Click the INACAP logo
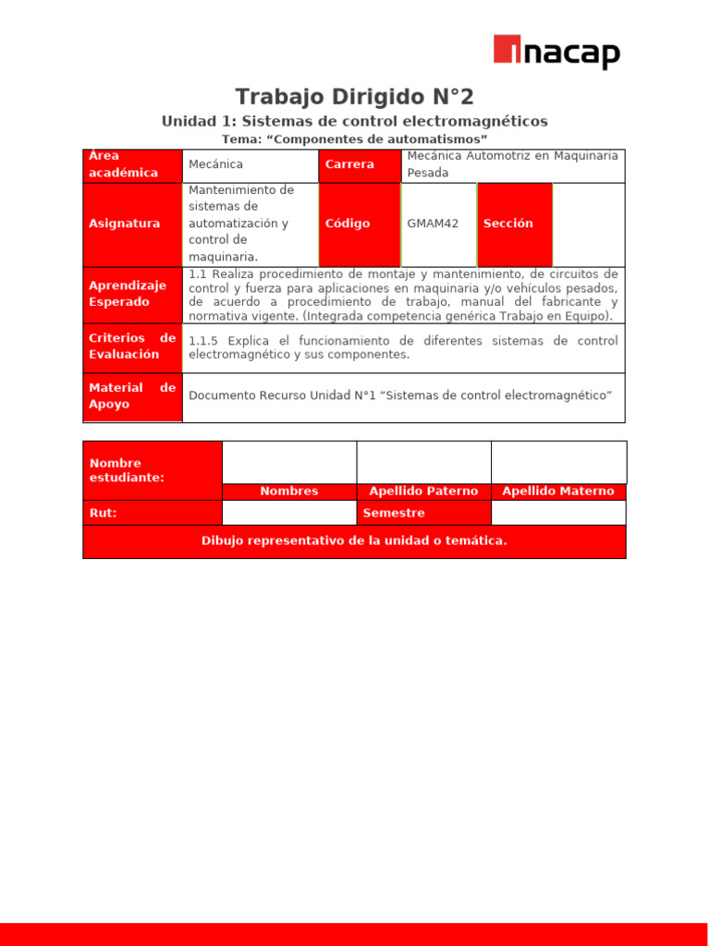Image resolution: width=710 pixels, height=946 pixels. [x=557, y=53]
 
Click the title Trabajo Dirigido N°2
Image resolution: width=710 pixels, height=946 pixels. [x=354, y=97]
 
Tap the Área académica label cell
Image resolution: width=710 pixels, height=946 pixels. [x=132, y=165]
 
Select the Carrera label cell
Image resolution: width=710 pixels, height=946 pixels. [x=361, y=165]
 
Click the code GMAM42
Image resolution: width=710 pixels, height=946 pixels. [x=433, y=224]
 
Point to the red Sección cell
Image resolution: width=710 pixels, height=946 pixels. [x=515, y=224]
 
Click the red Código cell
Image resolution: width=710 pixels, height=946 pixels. [x=360, y=224]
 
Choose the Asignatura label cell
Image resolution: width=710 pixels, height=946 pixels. [x=132, y=224]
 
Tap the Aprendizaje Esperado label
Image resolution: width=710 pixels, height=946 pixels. [x=132, y=295]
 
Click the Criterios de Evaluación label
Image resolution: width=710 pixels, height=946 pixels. [x=132, y=347]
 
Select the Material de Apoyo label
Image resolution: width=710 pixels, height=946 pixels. [x=132, y=397]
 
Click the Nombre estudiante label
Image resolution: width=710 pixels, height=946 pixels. [x=153, y=470]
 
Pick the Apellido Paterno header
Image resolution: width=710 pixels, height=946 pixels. [x=423, y=491]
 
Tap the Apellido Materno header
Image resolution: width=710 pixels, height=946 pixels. [x=558, y=491]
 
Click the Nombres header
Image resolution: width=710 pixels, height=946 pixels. [x=289, y=491]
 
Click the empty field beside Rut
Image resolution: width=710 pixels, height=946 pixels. [x=289, y=513]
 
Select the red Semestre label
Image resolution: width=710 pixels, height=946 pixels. [x=423, y=513]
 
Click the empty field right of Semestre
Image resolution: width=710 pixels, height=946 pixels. [x=558, y=513]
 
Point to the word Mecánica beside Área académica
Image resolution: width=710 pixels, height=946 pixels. [x=215, y=164]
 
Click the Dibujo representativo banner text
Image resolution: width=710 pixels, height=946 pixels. [x=354, y=541]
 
